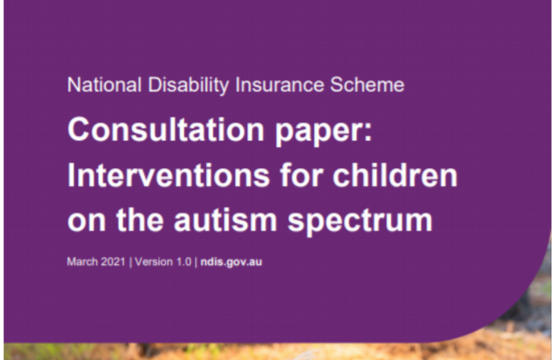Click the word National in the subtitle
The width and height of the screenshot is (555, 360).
point(105,85)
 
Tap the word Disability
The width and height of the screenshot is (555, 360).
point(188,86)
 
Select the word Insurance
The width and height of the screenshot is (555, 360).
point(280,85)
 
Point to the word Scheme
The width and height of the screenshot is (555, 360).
point(367,85)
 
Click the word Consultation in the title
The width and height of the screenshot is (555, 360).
point(166,129)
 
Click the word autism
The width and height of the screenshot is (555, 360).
point(225,220)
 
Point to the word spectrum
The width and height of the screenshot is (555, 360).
point(360,222)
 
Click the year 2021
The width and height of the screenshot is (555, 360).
point(113,261)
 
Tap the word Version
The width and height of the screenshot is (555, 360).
point(153,261)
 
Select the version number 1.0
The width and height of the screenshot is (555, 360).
point(183,261)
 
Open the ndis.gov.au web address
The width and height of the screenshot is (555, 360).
point(231,262)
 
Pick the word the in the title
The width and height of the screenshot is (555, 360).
point(140,220)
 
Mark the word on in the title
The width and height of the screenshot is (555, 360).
point(86,222)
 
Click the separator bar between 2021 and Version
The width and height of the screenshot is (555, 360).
point(130,262)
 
